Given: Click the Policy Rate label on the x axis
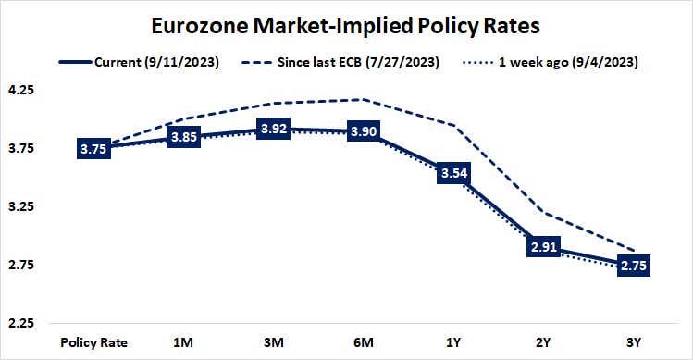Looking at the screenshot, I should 94,341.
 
